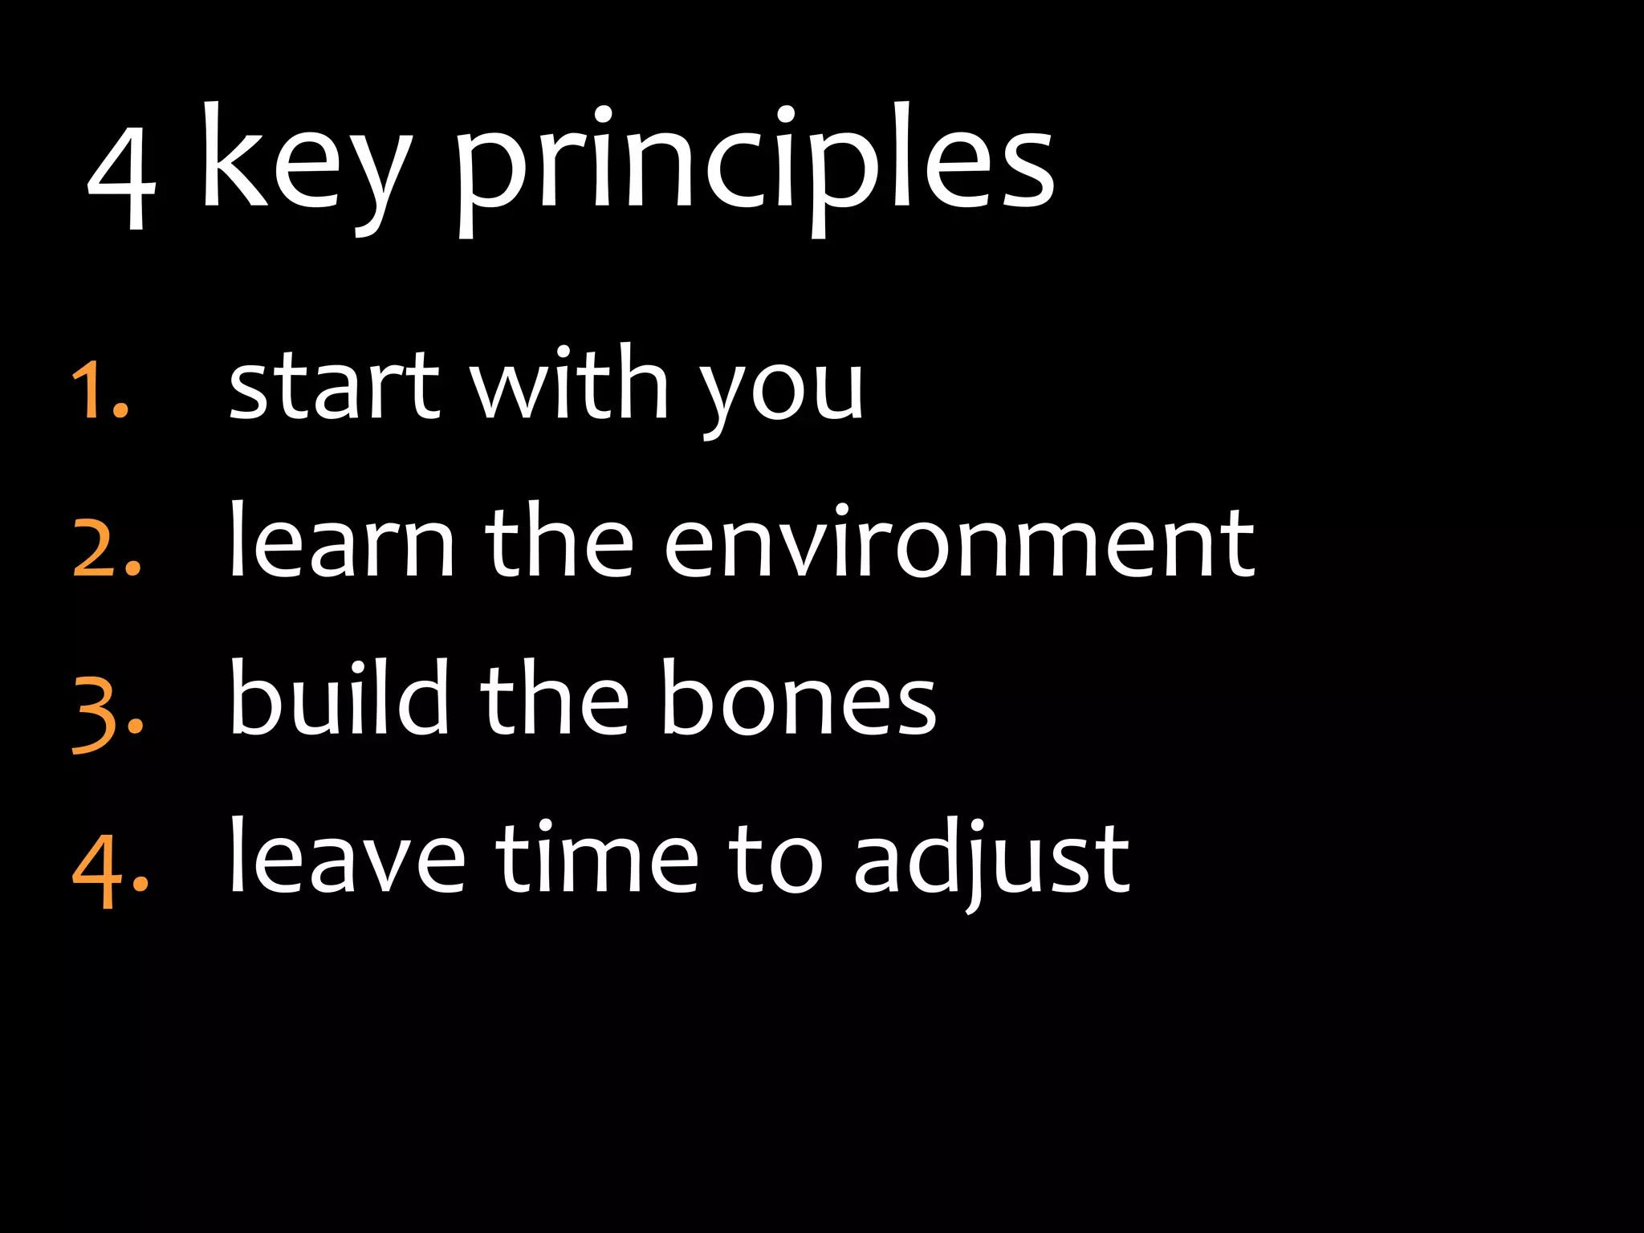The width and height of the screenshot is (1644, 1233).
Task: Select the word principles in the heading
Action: click(755, 165)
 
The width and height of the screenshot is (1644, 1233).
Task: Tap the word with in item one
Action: click(568, 383)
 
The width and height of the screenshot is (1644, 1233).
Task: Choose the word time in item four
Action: click(597, 857)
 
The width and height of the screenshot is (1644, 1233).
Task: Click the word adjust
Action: click(991, 861)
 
